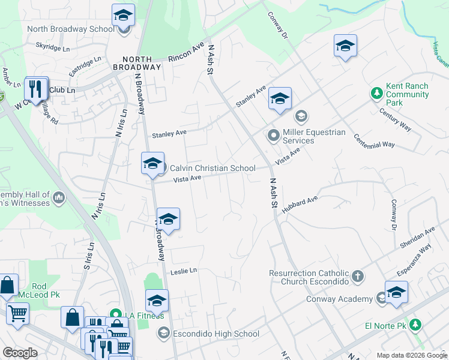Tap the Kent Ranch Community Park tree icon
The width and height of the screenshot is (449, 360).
click(x=376, y=93)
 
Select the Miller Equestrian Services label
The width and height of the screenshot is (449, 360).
click(x=315, y=136)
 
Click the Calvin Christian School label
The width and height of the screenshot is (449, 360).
click(x=212, y=169)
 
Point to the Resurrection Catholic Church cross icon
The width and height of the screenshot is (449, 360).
click(x=358, y=276)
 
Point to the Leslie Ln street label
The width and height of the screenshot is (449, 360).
click(x=184, y=271)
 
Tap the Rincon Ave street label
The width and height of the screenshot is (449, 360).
click(x=186, y=52)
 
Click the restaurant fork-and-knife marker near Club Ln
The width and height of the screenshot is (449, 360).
click(x=36, y=90)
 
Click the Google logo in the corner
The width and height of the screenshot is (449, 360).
click(x=20, y=353)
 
